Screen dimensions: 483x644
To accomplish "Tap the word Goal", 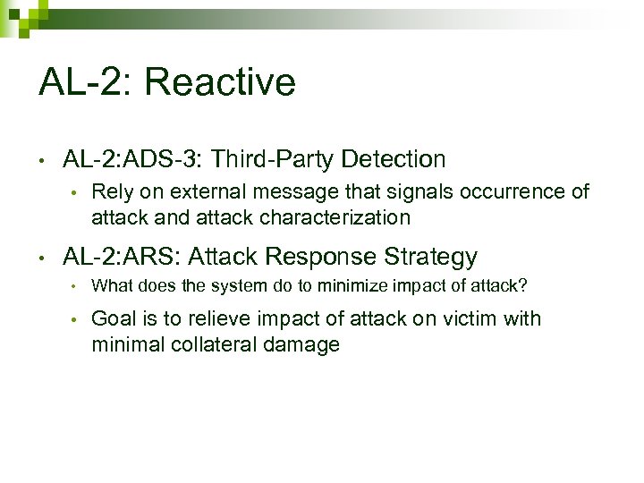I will (x=114, y=319).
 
